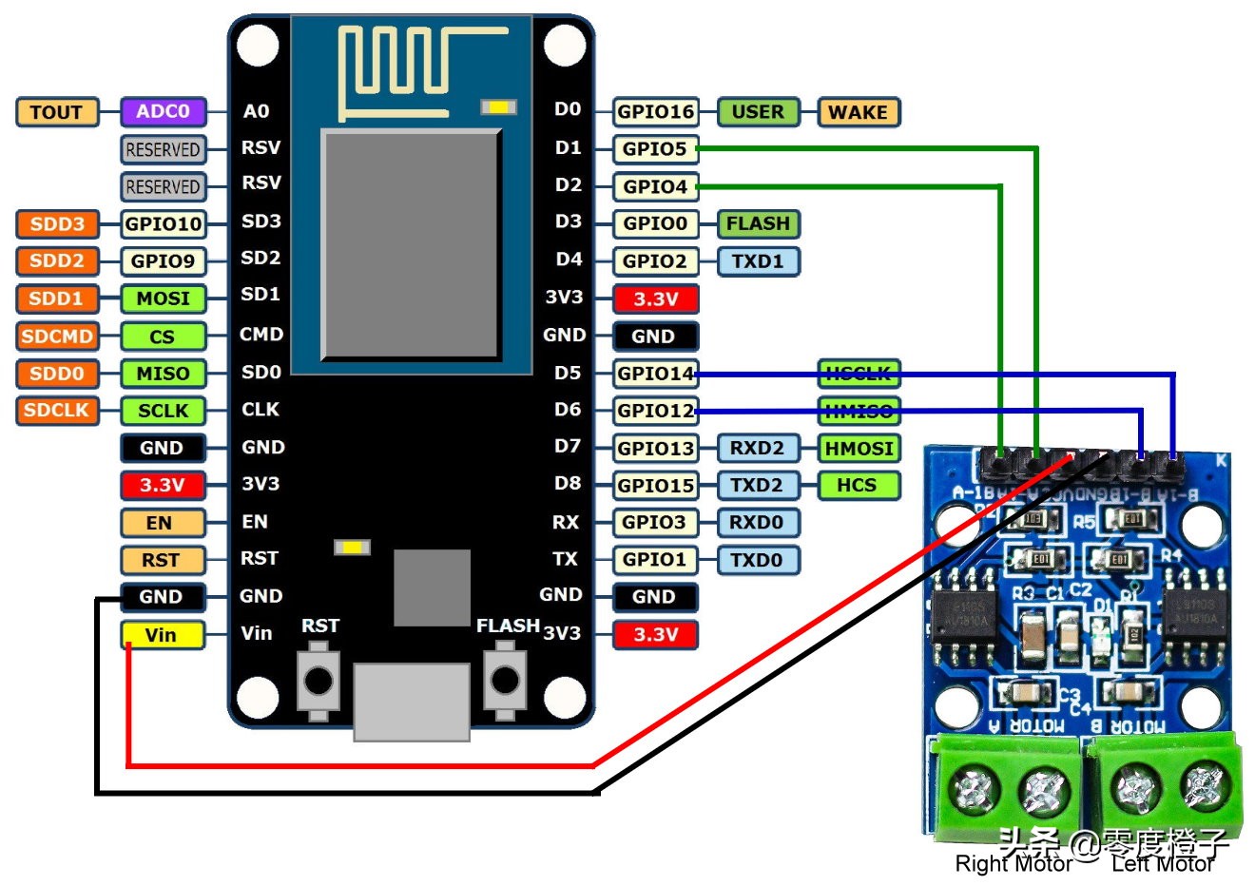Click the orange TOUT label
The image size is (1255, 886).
56,112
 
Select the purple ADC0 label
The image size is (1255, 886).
163,111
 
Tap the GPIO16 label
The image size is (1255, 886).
655,112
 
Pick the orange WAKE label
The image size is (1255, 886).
857,112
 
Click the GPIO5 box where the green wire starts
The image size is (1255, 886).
655,149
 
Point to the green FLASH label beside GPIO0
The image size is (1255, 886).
758,223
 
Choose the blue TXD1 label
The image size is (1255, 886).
758,260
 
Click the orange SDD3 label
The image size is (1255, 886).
57,224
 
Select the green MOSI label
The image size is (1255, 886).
163,299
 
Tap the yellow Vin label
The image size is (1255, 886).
162,635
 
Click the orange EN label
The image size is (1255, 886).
161,523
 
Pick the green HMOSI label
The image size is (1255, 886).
857,448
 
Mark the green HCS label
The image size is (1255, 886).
857,485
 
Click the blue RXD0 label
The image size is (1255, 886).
757,522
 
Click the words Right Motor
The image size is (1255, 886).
1013,863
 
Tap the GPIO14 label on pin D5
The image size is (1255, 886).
655,374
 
